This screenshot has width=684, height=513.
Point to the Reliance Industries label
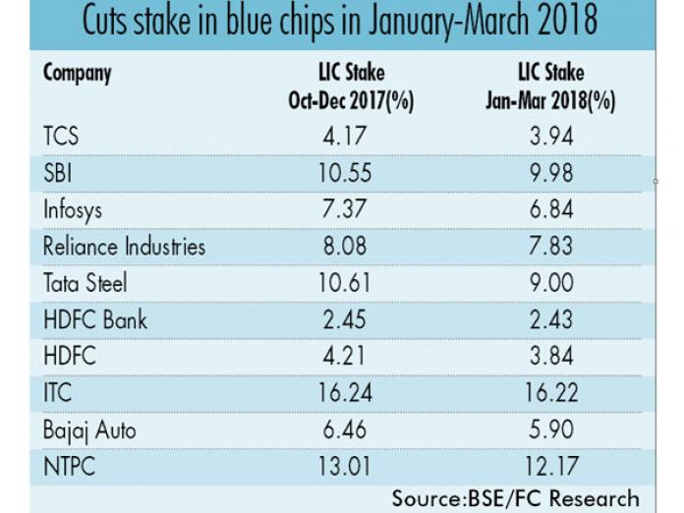point(125,246)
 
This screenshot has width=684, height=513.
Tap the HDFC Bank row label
point(95,320)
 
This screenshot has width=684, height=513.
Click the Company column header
point(78,74)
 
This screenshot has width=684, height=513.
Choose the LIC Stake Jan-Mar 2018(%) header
point(550,85)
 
